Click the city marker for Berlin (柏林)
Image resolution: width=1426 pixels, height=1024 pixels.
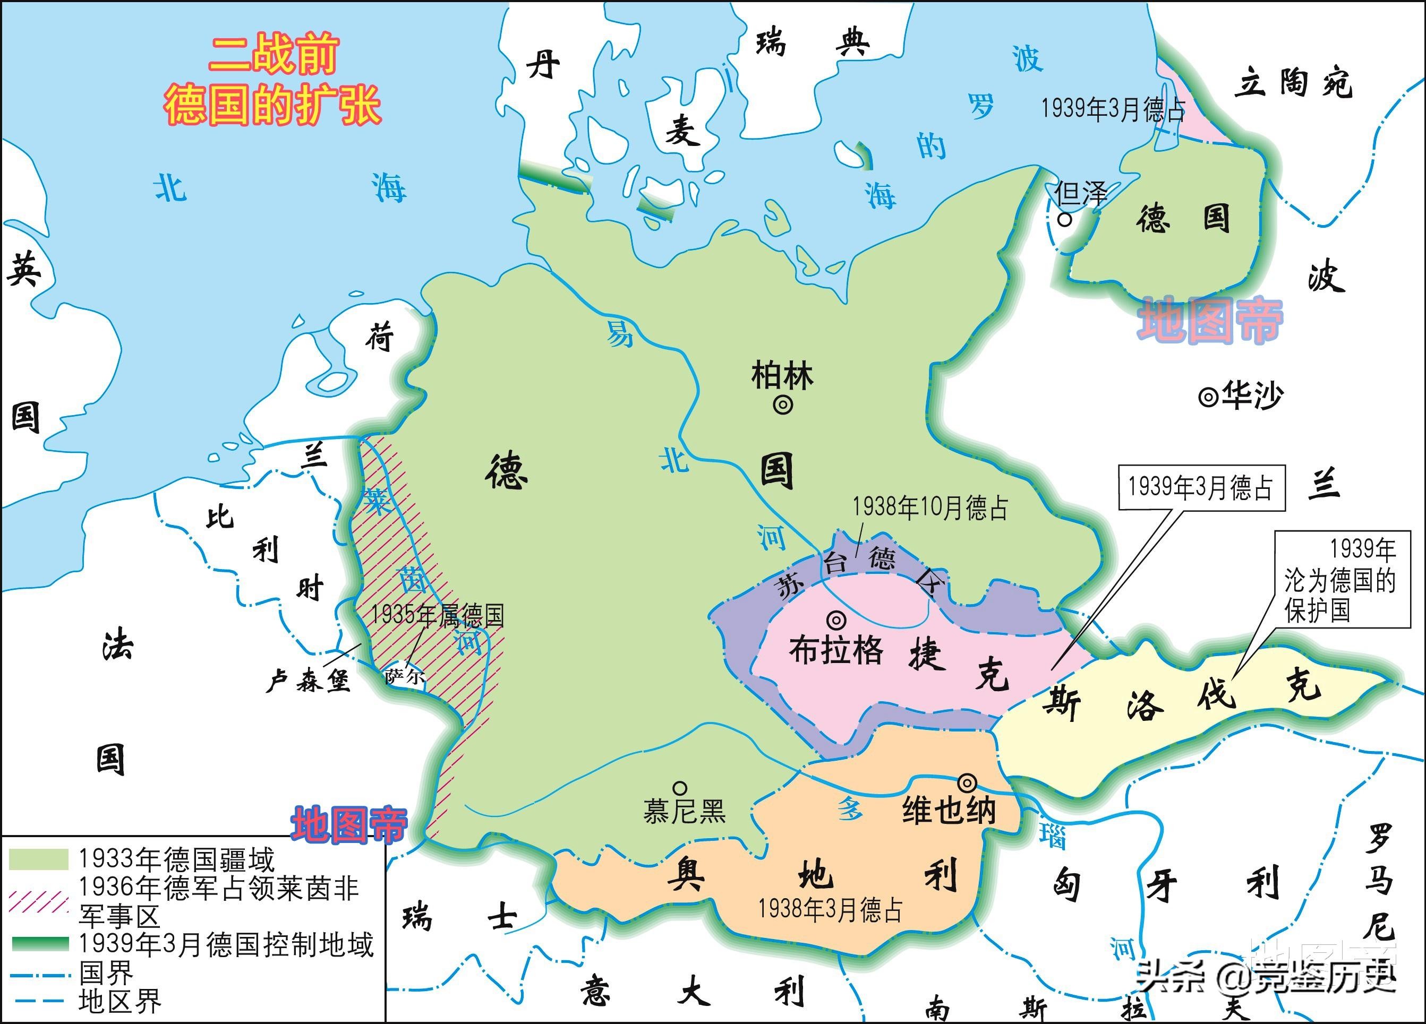[783, 406]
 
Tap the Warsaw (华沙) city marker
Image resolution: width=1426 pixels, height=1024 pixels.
[1208, 397]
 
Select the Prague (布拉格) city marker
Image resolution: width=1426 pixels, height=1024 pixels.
[836, 621]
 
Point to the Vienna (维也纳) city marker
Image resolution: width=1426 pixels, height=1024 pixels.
[967, 782]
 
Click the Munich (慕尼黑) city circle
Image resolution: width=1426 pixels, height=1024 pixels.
[680, 788]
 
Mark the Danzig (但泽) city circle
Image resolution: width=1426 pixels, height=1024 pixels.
[1064, 219]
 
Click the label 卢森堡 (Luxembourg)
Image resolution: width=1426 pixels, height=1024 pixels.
[308, 680]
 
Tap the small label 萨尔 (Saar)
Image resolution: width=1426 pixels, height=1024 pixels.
[405, 677]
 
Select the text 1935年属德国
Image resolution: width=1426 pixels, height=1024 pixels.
[438, 615]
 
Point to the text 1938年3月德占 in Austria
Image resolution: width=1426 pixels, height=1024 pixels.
[830, 909]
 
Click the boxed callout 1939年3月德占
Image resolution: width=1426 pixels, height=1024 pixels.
[1201, 488]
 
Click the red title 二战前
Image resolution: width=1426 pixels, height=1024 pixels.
[274, 55]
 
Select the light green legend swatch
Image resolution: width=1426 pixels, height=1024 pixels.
[38, 859]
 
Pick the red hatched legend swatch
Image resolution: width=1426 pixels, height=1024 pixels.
[38, 901]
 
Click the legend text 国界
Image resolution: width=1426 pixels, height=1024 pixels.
[106, 974]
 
